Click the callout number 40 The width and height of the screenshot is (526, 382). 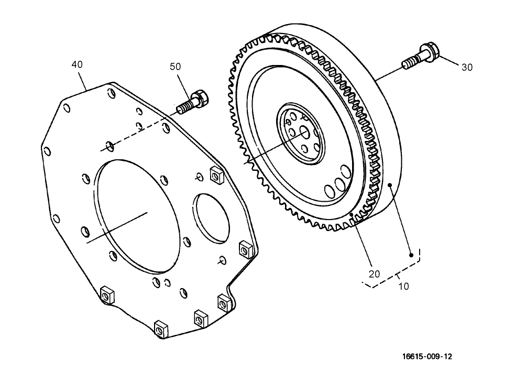[77, 64]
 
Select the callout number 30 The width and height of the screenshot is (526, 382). [467, 67]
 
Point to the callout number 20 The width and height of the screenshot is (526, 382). [375, 274]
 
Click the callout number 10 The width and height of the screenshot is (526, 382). [403, 286]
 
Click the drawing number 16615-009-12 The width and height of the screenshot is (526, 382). [427, 357]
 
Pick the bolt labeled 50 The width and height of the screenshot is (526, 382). [194, 102]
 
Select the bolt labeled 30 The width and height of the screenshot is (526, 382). [422, 57]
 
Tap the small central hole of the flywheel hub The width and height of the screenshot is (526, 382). [304, 133]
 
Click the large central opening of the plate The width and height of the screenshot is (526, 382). [134, 215]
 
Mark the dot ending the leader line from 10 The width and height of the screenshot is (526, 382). [412, 255]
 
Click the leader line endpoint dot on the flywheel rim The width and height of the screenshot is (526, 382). [390, 184]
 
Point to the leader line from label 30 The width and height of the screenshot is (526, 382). [451, 61]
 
